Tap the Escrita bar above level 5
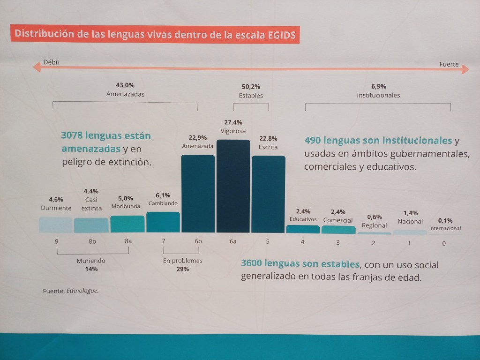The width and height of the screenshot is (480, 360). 268,194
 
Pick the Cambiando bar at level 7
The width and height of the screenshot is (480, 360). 163,222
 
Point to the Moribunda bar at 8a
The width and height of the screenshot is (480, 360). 127,224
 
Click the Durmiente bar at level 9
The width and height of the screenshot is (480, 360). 56,225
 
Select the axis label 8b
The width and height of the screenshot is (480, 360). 92,242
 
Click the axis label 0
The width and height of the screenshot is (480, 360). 444,243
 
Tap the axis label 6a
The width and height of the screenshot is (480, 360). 233,242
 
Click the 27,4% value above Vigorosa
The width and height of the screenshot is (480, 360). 233,122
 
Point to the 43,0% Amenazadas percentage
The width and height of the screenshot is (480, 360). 125,85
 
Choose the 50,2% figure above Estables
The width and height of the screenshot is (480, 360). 251,87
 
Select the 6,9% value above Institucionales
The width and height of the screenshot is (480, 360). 378,86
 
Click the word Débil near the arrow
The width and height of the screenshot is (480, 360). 51,62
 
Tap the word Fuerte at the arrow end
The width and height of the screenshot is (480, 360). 449,64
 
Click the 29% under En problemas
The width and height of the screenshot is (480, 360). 182,269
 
